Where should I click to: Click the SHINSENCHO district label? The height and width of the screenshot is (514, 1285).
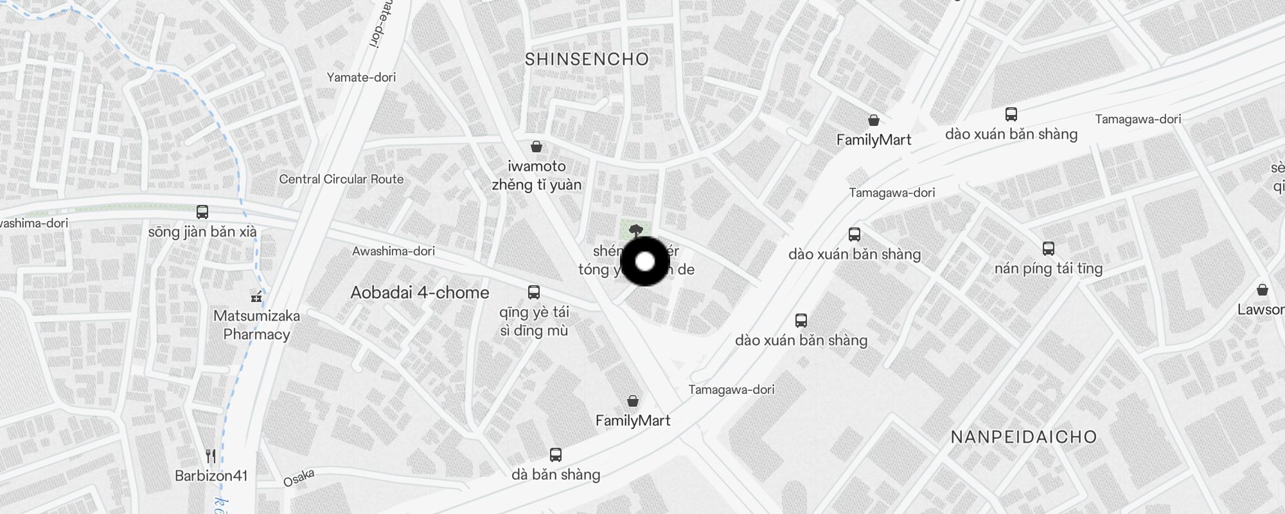(x=587, y=60)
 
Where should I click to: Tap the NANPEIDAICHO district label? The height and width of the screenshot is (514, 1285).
(x=1023, y=438)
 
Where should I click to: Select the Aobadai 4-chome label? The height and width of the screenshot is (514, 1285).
(x=420, y=293)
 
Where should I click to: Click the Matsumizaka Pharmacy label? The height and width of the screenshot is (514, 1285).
(x=256, y=325)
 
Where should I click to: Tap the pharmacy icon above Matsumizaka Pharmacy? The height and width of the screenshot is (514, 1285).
(x=256, y=297)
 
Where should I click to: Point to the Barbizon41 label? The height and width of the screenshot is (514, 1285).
(x=211, y=476)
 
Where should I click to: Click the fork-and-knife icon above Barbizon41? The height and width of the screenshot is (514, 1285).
(x=211, y=456)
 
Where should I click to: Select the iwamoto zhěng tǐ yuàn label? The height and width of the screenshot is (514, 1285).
(x=536, y=175)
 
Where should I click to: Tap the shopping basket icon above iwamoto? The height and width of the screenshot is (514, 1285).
(x=536, y=146)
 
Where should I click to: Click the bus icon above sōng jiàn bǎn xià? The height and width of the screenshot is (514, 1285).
(x=202, y=212)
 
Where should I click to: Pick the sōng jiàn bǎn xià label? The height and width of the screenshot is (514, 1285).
(x=202, y=232)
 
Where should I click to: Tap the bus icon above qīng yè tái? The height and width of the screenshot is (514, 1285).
(x=533, y=292)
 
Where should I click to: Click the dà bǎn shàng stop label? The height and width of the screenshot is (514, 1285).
(x=556, y=475)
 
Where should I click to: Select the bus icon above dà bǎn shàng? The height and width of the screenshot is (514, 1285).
(x=556, y=455)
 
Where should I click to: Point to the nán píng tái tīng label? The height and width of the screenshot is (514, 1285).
(x=1049, y=269)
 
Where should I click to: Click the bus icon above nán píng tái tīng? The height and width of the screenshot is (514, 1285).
(x=1049, y=249)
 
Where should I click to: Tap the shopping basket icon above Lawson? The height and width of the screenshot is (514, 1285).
(x=1263, y=289)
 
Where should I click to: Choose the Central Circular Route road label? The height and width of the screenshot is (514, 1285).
(x=341, y=179)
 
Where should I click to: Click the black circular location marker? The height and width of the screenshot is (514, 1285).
(x=644, y=261)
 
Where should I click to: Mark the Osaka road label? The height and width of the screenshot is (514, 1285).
(x=299, y=478)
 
